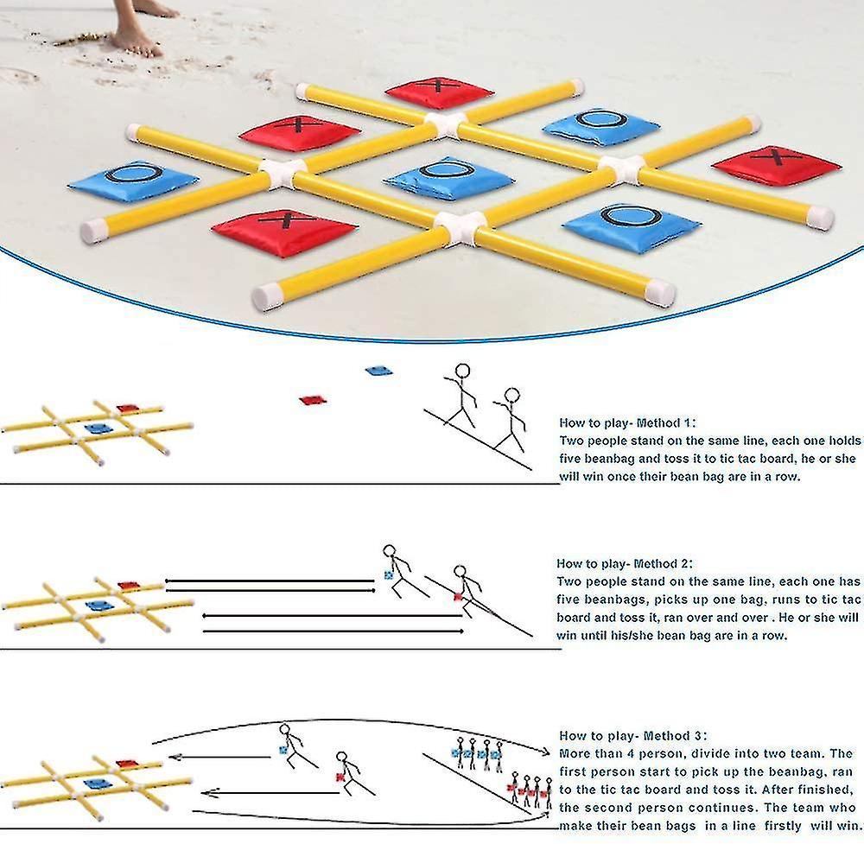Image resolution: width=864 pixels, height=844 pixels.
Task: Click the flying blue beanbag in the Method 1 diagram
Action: click(x=378, y=371)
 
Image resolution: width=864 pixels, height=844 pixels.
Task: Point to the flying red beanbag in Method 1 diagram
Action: click(x=312, y=400)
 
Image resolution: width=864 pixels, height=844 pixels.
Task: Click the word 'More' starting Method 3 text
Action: click(x=575, y=753)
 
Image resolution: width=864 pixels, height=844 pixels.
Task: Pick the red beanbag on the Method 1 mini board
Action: click(x=127, y=409)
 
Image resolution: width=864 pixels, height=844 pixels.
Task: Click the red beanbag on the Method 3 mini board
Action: click(x=127, y=765)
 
